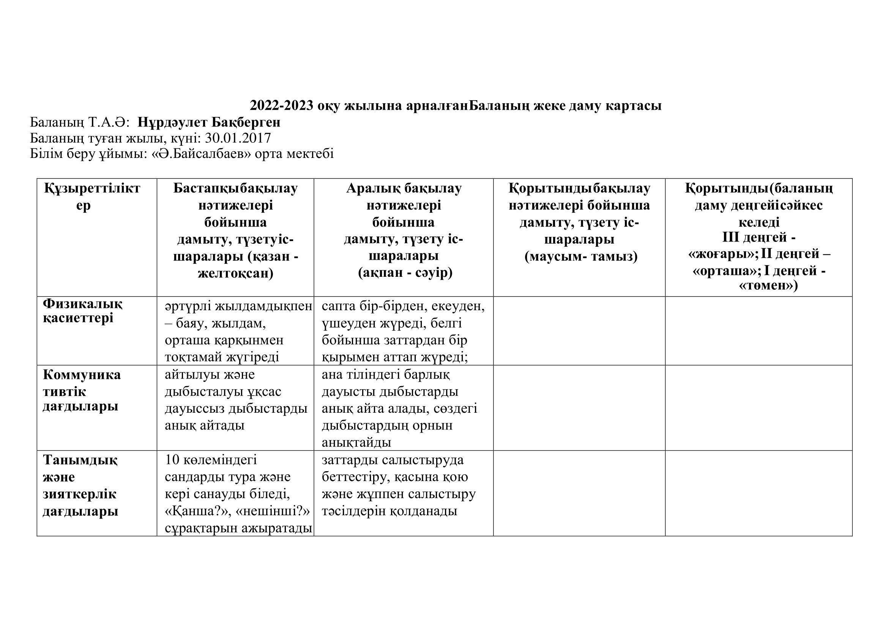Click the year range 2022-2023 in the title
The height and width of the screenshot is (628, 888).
tap(281, 106)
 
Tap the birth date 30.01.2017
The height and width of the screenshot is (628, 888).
tap(238, 138)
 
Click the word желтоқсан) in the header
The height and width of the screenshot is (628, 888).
tap(235, 273)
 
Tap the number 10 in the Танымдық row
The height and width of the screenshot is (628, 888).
tap(172, 460)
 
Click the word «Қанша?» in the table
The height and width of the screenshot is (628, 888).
tap(190, 511)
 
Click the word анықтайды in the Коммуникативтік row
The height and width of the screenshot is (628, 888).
tap(356, 442)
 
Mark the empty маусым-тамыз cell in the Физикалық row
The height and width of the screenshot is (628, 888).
tap(579, 331)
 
